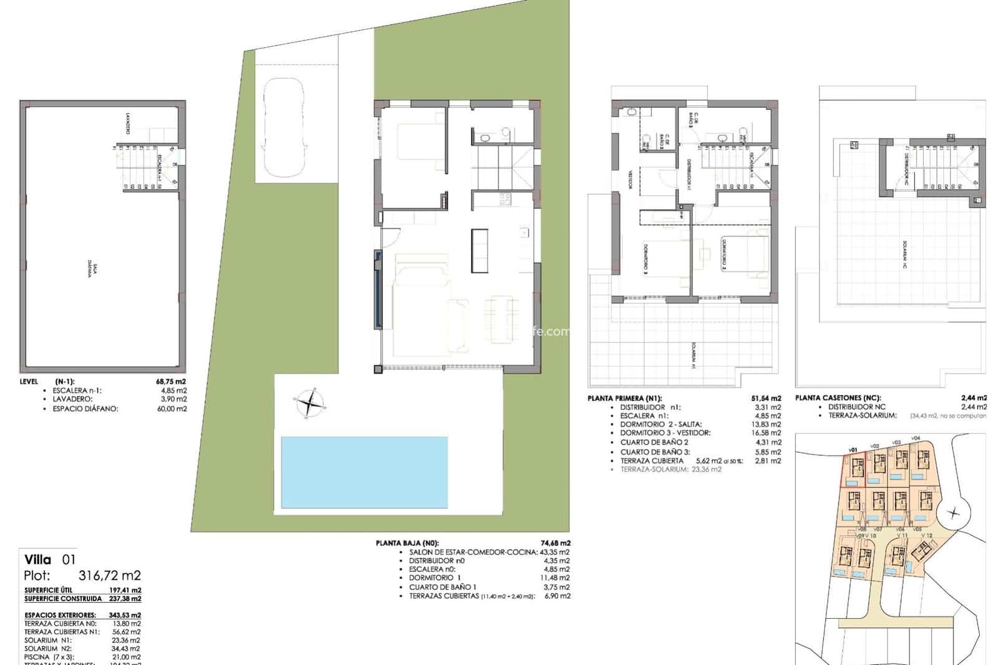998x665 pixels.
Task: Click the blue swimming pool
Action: coord(364,472)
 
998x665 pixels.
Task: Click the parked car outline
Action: coord(284,128)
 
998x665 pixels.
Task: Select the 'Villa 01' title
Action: coord(49,560)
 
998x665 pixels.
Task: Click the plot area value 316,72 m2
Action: coord(110,575)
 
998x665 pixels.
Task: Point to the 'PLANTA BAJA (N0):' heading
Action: coord(412,543)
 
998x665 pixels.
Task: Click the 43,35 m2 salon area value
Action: coord(555,552)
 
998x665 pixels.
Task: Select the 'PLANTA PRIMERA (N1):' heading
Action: coord(624,398)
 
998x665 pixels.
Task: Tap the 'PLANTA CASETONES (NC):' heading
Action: coord(837,398)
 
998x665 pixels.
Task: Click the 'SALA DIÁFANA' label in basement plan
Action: coord(94,272)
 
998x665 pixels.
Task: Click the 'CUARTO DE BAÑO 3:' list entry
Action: coord(651,452)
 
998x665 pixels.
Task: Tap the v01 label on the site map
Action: coord(853,449)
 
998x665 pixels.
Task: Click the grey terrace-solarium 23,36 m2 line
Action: coord(671,469)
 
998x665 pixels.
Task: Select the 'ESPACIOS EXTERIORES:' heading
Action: coord(60,615)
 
